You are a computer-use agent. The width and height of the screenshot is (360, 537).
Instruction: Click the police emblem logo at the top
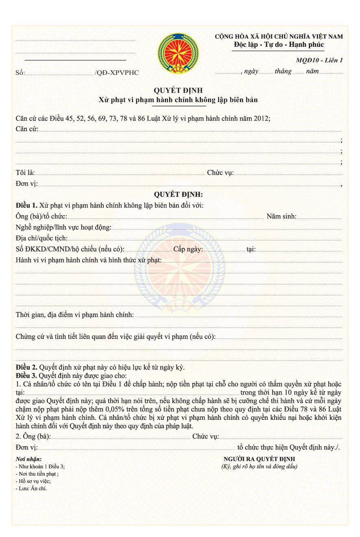179,53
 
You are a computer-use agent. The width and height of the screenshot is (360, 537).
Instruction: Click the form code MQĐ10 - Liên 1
319,60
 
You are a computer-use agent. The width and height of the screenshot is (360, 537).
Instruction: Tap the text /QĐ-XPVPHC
117,73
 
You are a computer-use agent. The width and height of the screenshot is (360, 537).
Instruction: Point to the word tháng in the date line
283,72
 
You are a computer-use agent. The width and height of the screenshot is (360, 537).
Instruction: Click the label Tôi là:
25,172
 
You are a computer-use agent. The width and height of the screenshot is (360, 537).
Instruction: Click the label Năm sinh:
281,216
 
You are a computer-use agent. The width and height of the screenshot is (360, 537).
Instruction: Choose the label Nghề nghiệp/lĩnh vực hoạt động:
63,227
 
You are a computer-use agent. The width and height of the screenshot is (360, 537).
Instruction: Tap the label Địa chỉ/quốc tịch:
41,238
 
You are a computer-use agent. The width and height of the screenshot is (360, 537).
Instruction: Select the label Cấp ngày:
188,249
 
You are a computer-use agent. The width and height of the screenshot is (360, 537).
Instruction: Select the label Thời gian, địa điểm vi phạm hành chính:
74,314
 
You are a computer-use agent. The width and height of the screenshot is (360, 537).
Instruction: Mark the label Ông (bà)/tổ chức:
41,216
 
